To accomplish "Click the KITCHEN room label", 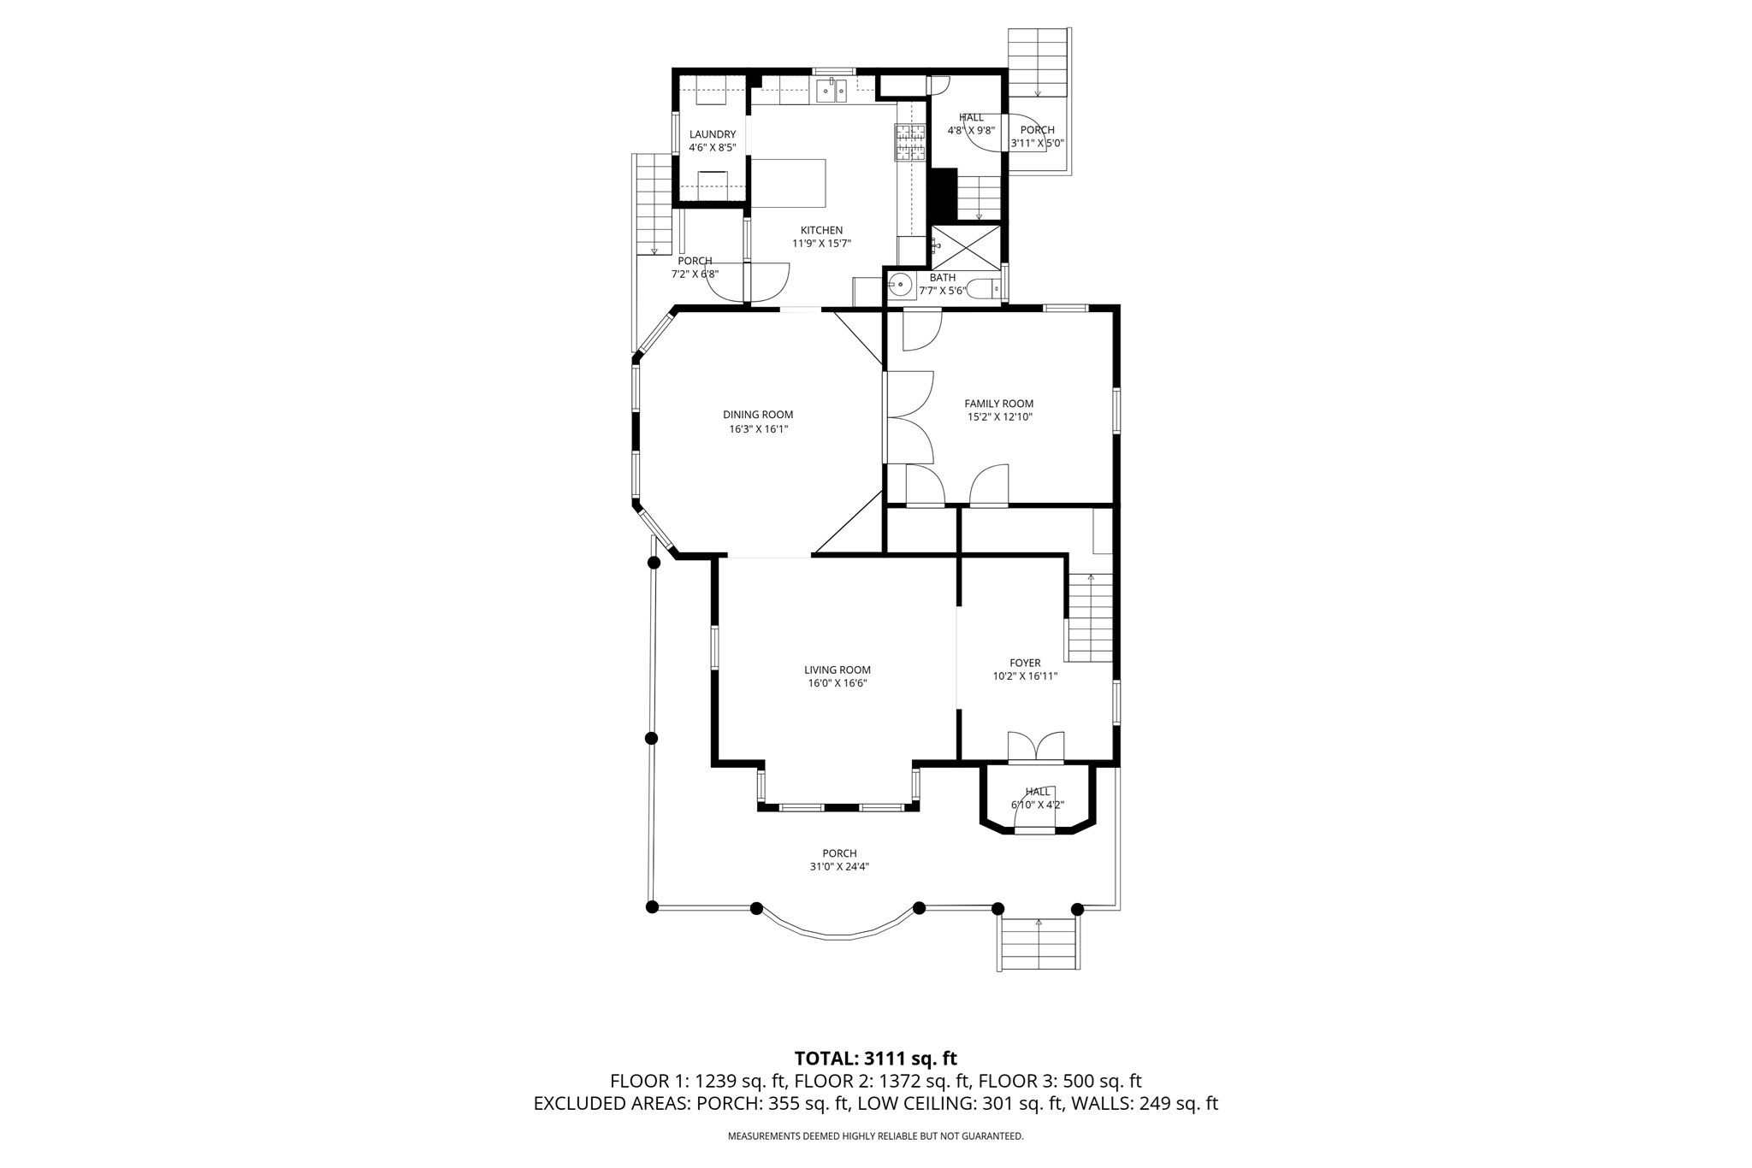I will click(x=821, y=230).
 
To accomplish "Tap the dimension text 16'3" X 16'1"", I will click(x=758, y=429).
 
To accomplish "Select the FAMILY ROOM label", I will click(x=998, y=404).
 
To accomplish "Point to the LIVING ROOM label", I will click(x=837, y=670).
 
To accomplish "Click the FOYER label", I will click(x=1025, y=663).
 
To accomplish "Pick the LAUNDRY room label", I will click(x=712, y=134).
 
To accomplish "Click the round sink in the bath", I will click(x=899, y=286).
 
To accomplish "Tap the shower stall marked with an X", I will click(x=965, y=247).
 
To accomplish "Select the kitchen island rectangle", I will click(x=788, y=182).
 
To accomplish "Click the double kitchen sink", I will click(x=831, y=90).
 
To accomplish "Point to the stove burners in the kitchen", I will click(x=910, y=143).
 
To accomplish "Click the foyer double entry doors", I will click(x=1036, y=747).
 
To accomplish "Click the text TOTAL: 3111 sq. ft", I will click(x=875, y=1059).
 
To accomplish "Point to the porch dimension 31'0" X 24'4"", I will click(x=839, y=866).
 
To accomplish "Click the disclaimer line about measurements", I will click(x=875, y=1136).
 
